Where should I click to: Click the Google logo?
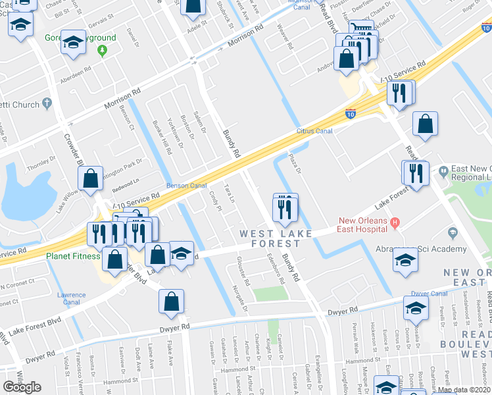tap(22, 387)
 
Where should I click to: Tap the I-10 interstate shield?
tap(351, 114)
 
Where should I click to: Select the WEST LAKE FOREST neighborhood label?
tap(270, 238)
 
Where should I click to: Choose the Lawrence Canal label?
tap(71, 299)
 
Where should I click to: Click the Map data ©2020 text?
tap(464, 390)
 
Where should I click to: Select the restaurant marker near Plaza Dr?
tap(285, 210)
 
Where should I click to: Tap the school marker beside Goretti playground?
tap(73, 43)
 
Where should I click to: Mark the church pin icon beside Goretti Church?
tap(46, 103)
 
